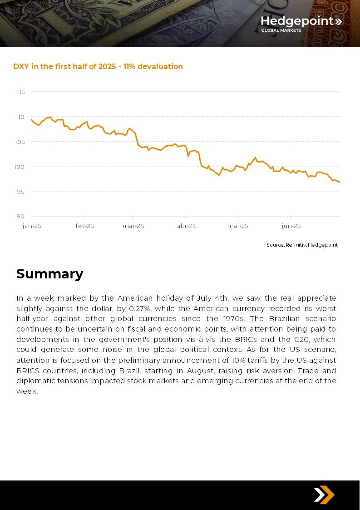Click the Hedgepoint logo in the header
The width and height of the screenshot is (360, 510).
(x=301, y=24)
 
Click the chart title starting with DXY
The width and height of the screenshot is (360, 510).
(x=98, y=66)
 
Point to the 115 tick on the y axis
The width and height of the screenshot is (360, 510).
(x=20, y=92)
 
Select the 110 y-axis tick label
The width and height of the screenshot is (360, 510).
(x=20, y=117)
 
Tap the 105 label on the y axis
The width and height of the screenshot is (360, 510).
(x=20, y=142)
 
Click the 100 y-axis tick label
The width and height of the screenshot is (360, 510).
(x=20, y=167)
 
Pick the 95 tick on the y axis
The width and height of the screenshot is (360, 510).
(x=20, y=192)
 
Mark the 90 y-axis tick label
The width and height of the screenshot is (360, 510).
(x=20, y=217)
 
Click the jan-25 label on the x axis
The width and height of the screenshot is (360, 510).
(x=31, y=226)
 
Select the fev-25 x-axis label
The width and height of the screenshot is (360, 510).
(x=84, y=226)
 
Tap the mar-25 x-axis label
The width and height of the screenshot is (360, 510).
(x=133, y=226)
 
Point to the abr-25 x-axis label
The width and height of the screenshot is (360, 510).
(x=187, y=226)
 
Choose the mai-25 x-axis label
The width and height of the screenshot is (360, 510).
(x=238, y=226)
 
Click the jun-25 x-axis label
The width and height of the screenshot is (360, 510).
(x=291, y=226)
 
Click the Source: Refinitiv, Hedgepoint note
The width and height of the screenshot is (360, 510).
(x=302, y=245)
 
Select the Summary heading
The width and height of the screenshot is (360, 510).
(x=50, y=274)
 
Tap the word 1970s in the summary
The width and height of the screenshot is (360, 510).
(x=234, y=318)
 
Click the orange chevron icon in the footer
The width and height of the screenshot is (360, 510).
(x=324, y=495)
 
